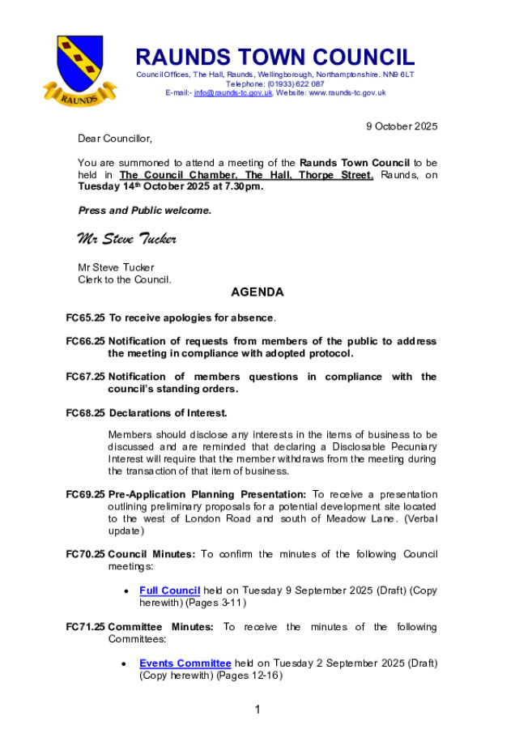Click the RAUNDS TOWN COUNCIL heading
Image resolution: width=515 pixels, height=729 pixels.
click(x=275, y=58)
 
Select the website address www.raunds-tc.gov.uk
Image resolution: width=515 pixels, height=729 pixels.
click(x=347, y=93)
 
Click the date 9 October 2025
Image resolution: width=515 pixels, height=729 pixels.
click(x=402, y=126)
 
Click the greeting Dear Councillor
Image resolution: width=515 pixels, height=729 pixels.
click(x=114, y=139)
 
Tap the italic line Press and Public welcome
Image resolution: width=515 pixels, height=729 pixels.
click(x=144, y=211)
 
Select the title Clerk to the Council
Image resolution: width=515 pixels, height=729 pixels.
click(x=125, y=279)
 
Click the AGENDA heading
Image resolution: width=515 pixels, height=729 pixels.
click(x=257, y=292)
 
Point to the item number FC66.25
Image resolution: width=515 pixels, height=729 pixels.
click(x=85, y=341)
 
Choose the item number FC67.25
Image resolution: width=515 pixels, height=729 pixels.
click(x=85, y=377)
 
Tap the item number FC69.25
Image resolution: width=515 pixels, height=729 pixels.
click(x=85, y=494)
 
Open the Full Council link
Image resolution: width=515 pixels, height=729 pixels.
click(x=169, y=590)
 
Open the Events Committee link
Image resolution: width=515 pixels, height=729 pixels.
click(x=185, y=663)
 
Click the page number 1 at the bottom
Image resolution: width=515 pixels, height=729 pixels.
click(x=257, y=710)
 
